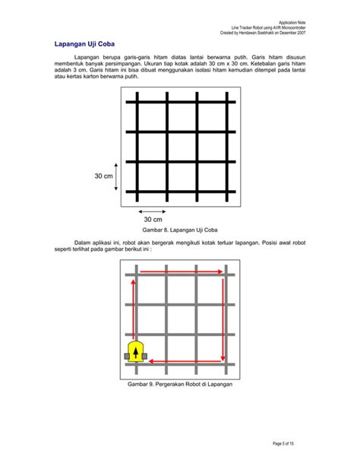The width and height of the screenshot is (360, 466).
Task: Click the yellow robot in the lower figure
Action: click(137, 351)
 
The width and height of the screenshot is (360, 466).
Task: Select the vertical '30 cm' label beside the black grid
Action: click(103, 176)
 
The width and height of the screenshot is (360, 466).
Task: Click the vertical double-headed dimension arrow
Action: click(115, 176)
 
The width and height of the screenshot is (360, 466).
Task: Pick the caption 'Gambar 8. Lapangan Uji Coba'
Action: click(180, 229)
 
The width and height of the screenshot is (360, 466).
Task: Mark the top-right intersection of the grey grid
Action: click(226, 273)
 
